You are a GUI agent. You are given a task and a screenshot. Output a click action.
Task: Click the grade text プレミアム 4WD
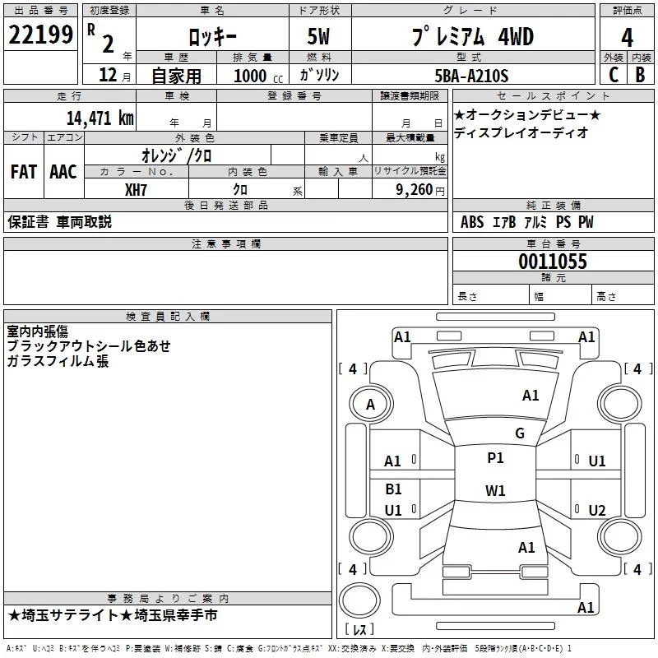[472, 36]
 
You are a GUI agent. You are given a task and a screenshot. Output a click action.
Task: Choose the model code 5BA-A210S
[470, 76]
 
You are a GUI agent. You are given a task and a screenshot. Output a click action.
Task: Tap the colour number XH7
[137, 190]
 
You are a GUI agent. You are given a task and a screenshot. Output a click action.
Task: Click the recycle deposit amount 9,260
[414, 190]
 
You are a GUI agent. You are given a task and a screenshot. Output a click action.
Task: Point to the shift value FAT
[23, 172]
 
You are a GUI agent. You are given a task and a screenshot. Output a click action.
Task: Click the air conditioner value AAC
[63, 172]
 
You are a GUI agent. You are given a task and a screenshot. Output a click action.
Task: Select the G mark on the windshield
[519, 433]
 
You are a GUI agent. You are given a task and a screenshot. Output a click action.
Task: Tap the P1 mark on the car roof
[495, 458]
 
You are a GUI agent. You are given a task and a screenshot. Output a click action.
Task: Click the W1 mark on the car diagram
[495, 491]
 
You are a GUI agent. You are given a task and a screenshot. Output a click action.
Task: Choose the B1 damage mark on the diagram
[393, 489]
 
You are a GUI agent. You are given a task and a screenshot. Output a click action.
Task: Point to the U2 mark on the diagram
[597, 510]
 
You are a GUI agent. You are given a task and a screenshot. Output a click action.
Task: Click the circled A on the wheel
[370, 404]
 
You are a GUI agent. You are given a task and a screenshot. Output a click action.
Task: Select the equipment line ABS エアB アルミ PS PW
[526, 222]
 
